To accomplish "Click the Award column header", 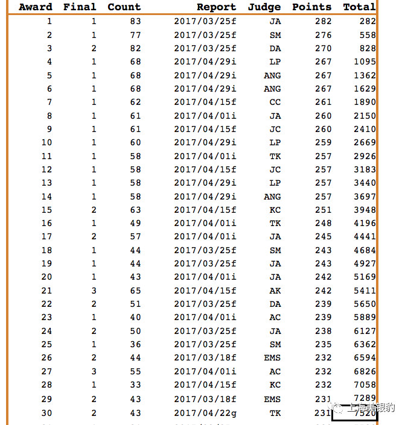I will (x=36, y=7).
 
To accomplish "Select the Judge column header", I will (x=264, y=7).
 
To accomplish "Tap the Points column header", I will (x=311, y=7).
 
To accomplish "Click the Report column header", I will (x=216, y=7).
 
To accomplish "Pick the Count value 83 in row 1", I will (x=135, y=21).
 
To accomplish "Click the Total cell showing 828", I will (x=367, y=48).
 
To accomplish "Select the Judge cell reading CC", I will (x=275, y=102).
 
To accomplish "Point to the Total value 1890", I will (x=365, y=102).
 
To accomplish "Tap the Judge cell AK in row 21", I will (x=275, y=291).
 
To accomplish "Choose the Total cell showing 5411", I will (x=365, y=291).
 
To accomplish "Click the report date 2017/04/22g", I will (x=205, y=412).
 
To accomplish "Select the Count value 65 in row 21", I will (x=135, y=291).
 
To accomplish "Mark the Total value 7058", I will (x=365, y=385).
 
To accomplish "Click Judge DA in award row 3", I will (x=275, y=48).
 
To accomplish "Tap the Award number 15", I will (x=46, y=210).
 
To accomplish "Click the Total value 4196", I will (x=365, y=223).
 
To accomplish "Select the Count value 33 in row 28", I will (x=135, y=385).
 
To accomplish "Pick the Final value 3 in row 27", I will (x=94, y=371).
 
